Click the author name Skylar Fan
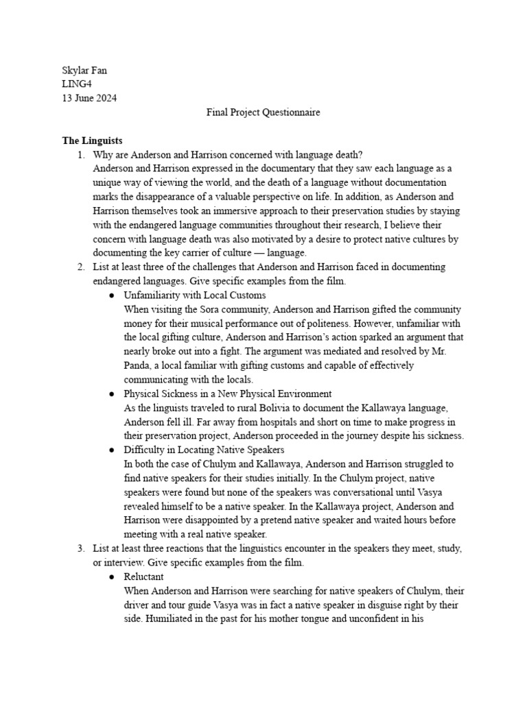[x=86, y=69]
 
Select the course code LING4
[x=78, y=84]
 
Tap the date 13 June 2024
[x=89, y=98]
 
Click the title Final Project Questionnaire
[x=263, y=112]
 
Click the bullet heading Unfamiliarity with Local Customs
[x=194, y=295]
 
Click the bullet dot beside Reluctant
[x=111, y=577]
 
